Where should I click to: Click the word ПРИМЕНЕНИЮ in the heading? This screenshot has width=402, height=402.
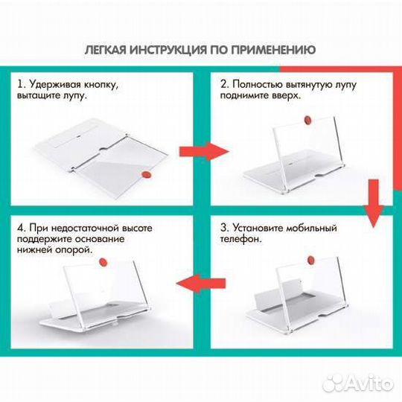(x=274, y=50)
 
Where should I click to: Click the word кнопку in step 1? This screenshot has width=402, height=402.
(x=100, y=86)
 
